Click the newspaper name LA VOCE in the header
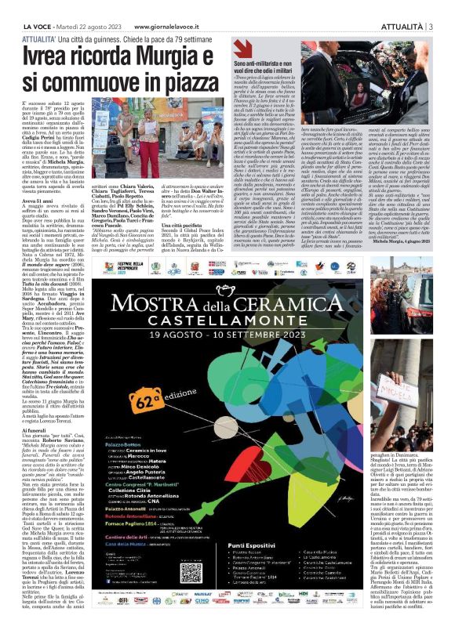click(x=31, y=7)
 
